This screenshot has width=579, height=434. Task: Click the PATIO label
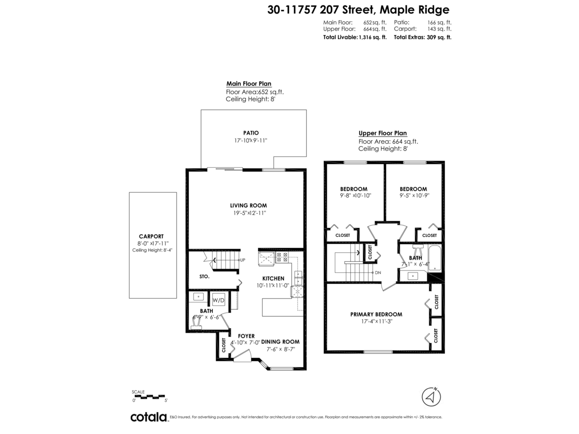(x=251, y=133)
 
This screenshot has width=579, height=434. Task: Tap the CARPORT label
(x=151, y=236)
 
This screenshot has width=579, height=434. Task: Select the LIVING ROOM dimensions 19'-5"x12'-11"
(x=248, y=213)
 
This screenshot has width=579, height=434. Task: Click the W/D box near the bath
(x=219, y=300)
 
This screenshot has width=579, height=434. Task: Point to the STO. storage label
(x=204, y=277)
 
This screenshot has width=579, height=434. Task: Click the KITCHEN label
(x=273, y=278)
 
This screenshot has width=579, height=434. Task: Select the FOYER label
(x=246, y=336)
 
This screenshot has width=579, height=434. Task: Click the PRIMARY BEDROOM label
(x=376, y=314)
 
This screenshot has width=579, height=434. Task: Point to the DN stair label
(x=378, y=273)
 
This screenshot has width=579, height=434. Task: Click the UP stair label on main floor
(x=243, y=260)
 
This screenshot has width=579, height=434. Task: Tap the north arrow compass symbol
(x=432, y=397)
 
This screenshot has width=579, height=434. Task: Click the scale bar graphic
(x=150, y=396)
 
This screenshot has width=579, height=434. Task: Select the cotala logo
(x=149, y=417)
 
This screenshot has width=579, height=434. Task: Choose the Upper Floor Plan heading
(x=382, y=134)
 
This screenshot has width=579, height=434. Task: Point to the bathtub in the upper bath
(x=434, y=258)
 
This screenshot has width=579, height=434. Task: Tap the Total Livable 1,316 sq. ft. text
(x=355, y=37)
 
